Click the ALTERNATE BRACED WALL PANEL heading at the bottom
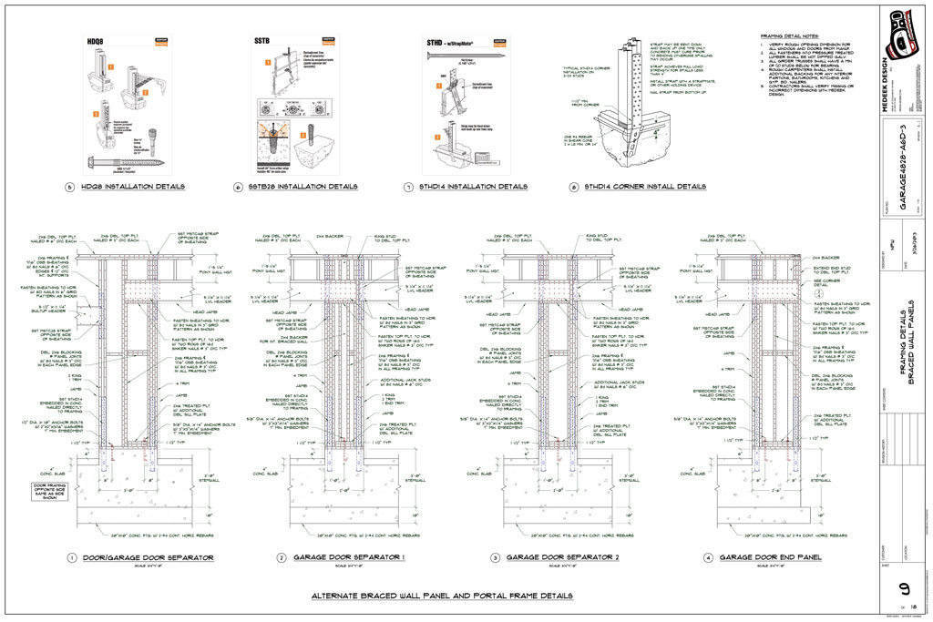tap(443, 596)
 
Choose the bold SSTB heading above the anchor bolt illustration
tap(262, 42)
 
